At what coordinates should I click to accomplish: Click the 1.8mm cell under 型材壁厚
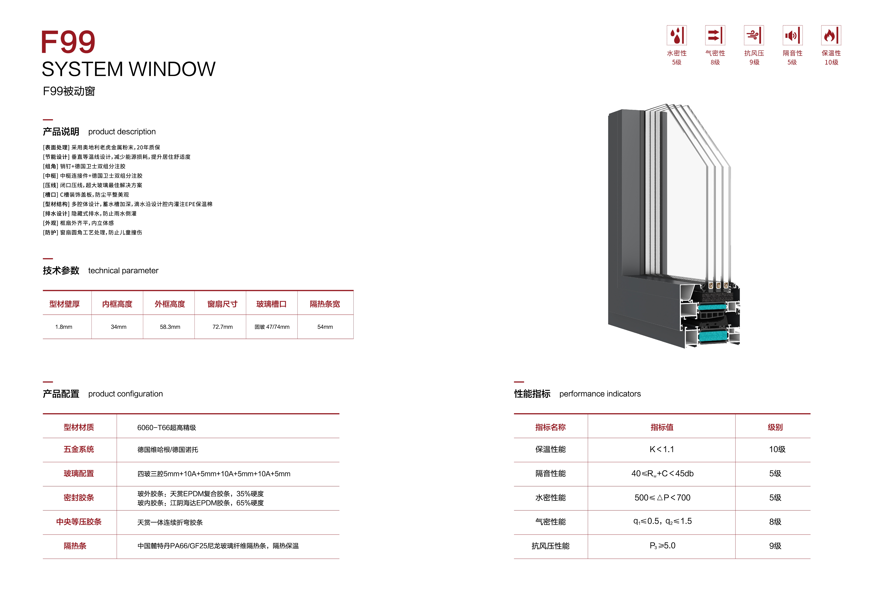(64, 327)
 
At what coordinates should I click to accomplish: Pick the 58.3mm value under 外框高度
(170, 327)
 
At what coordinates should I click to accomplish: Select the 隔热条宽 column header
(325, 304)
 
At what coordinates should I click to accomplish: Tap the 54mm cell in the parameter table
(325, 327)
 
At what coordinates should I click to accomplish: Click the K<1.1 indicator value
(662, 449)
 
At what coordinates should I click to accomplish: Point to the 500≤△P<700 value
(662, 498)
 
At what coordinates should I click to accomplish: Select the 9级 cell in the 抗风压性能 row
(775, 546)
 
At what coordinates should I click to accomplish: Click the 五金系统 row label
(79, 449)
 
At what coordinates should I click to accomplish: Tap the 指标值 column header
(662, 427)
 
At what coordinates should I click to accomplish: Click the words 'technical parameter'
(123, 271)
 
